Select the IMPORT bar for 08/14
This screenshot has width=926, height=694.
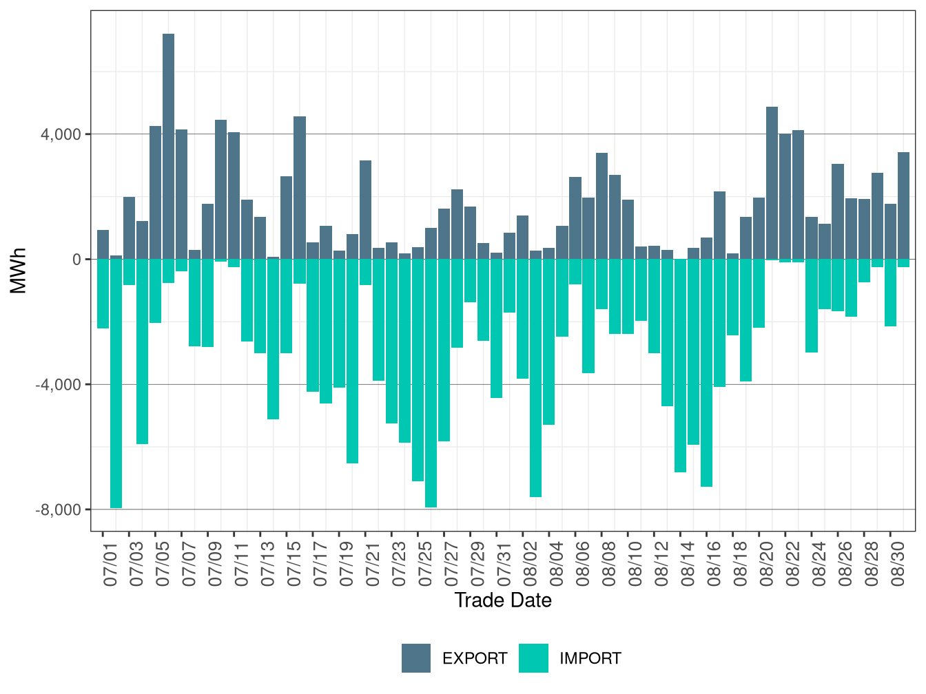680,366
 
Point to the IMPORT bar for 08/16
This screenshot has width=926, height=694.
706,372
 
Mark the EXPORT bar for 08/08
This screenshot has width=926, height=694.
601,206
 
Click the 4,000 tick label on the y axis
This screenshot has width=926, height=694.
61,134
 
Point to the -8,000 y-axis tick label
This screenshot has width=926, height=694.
58,510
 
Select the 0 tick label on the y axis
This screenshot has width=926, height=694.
76,260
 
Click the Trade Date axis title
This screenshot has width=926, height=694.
503,600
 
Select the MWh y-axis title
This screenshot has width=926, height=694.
19,271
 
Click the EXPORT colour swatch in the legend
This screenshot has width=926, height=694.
416,658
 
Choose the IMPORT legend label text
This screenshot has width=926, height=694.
590,658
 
